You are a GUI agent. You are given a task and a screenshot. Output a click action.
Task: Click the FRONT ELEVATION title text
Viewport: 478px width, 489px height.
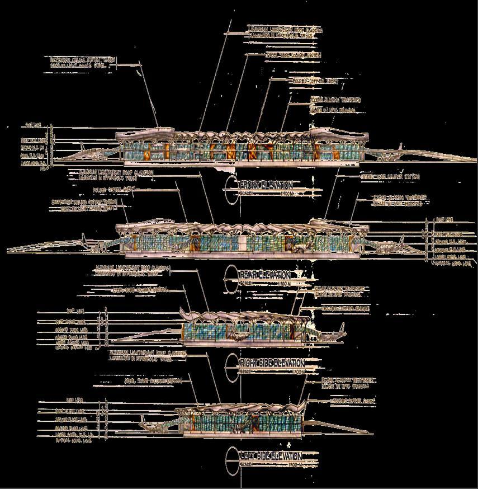point(266,185)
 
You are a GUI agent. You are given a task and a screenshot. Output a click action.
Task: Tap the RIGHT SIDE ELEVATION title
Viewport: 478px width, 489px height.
point(272,363)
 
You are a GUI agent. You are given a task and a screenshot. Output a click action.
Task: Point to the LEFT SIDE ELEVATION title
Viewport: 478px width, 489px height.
point(271,456)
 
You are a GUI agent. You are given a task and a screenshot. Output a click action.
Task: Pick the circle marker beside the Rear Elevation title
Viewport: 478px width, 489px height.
point(232,278)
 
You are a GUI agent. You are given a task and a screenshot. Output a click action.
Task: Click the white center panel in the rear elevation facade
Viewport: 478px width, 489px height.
point(243,244)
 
